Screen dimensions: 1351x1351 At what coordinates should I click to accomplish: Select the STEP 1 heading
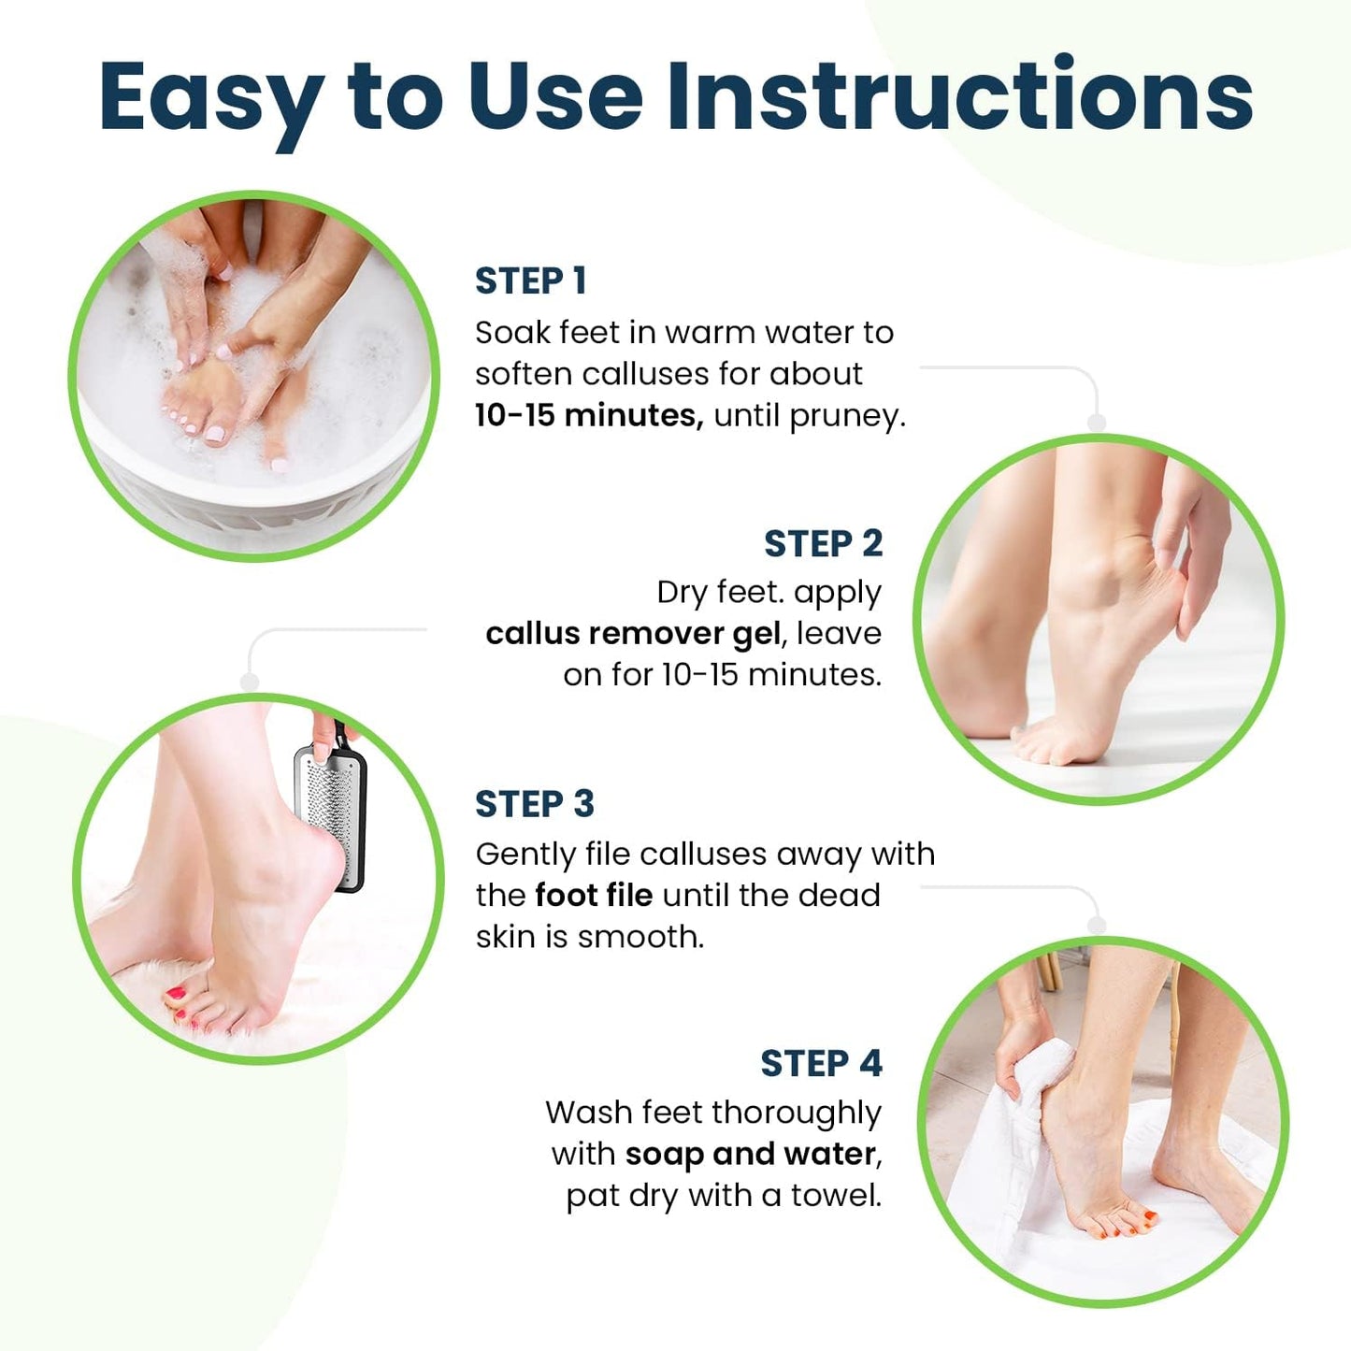tap(530, 280)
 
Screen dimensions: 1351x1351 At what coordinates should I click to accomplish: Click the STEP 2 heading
tap(823, 543)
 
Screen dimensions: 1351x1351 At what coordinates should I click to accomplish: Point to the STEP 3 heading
tap(534, 804)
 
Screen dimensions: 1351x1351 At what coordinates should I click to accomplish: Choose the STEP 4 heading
tap(821, 1063)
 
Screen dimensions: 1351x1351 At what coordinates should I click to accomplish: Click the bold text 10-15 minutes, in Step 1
tap(589, 415)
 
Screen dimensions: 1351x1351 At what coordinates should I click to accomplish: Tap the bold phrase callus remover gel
tap(633, 634)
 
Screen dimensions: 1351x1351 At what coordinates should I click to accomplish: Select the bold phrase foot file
tap(594, 895)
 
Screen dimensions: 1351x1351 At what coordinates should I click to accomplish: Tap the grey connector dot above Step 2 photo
tap(1097, 424)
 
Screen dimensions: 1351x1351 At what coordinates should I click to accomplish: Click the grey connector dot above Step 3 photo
tap(250, 683)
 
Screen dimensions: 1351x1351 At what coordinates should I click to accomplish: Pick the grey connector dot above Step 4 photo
tap(1097, 926)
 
